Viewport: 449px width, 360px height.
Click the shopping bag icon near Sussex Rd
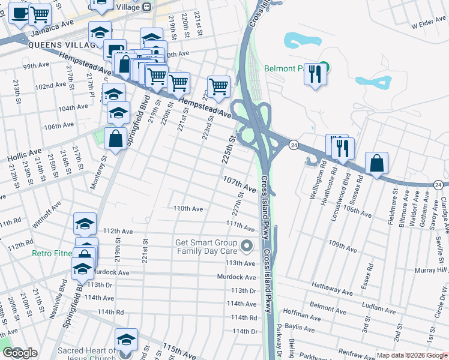click(x=376, y=163)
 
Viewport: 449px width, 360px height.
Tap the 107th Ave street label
click(x=240, y=181)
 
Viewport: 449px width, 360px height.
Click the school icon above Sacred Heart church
click(x=126, y=340)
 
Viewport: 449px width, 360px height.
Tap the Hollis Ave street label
click(x=25, y=153)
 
